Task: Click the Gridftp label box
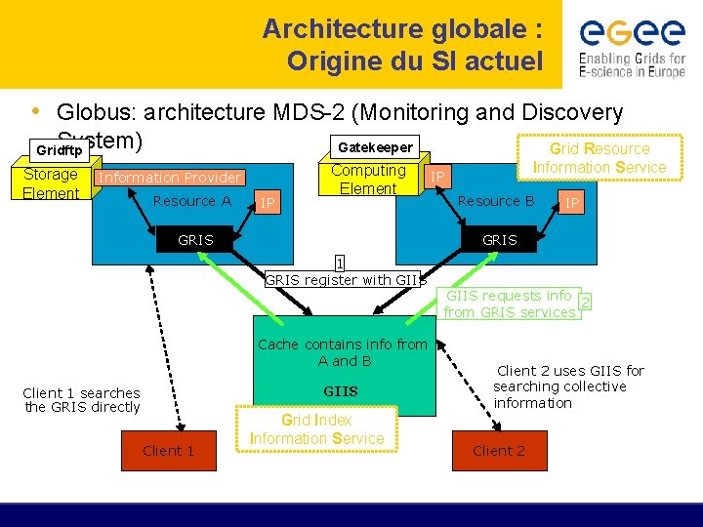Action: click(x=59, y=150)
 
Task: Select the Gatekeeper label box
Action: click(x=374, y=147)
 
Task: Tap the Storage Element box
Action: click(x=51, y=183)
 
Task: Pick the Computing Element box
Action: click(x=368, y=179)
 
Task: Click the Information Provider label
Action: click(x=170, y=178)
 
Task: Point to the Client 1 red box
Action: click(x=168, y=450)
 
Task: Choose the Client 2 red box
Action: click(x=498, y=450)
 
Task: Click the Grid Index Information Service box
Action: click(x=316, y=429)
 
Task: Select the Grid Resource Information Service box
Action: click(x=599, y=158)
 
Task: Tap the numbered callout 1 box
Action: click(x=339, y=263)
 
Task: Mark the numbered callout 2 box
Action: click(x=584, y=302)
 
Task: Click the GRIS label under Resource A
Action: click(x=195, y=240)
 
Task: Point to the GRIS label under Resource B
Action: click(x=500, y=240)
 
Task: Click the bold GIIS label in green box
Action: click(x=341, y=391)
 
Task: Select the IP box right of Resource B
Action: click(x=572, y=203)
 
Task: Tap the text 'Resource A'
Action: click(x=192, y=201)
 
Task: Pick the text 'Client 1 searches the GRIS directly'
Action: click(x=82, y=400)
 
